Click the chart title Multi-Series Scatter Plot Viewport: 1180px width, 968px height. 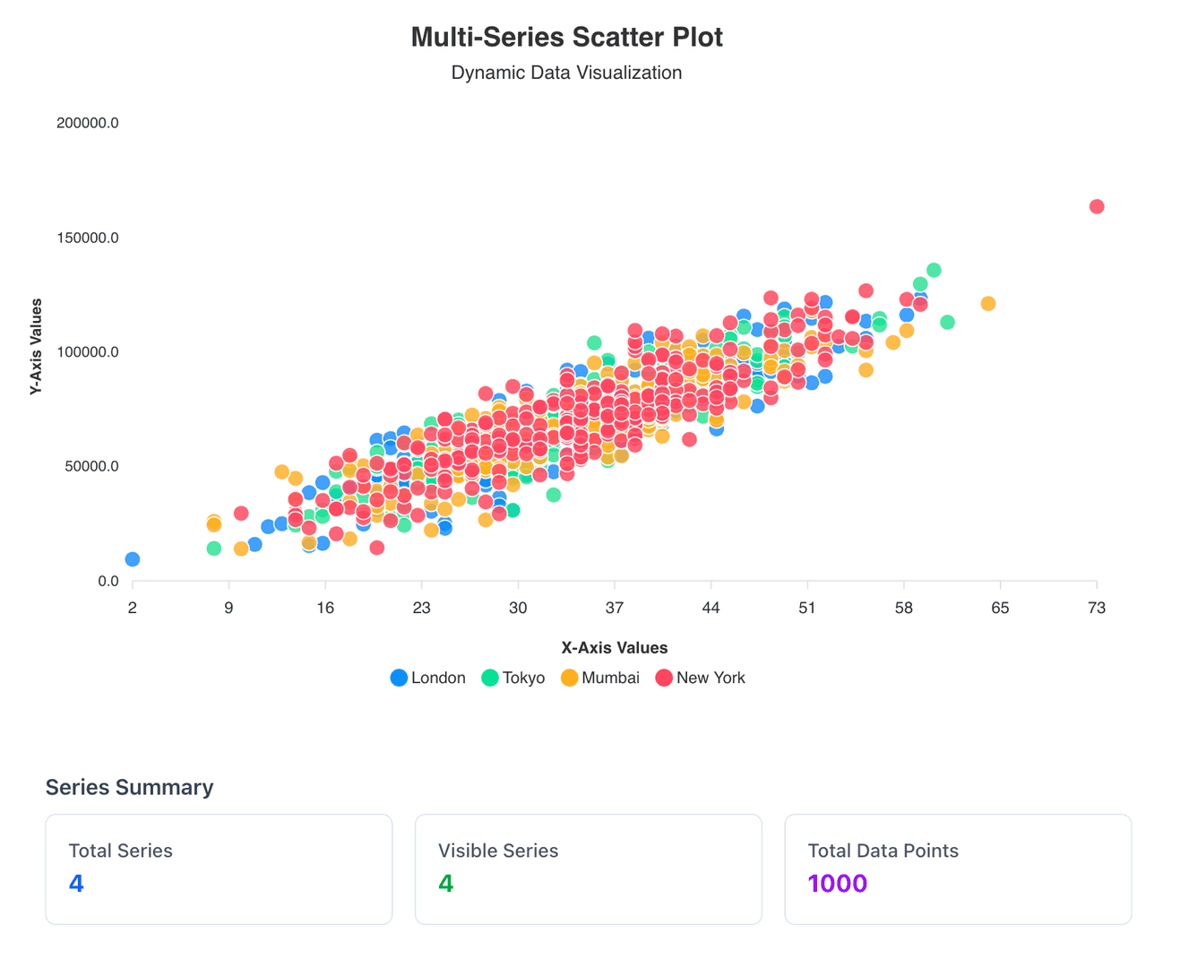(566, 38)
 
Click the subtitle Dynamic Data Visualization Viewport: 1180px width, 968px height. (566, 73)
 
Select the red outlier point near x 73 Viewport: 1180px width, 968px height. (1096, 207)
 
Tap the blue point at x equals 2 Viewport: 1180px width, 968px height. (133, 559)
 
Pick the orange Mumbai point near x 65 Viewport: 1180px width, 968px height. (987, 304)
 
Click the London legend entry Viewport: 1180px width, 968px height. (428, 678)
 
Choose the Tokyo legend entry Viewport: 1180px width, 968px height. (513, 678)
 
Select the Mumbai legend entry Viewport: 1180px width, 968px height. (600, 678)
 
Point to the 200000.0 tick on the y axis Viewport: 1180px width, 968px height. (87, 123)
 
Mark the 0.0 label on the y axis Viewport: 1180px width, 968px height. (108, 582)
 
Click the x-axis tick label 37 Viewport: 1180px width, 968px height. (615, 609)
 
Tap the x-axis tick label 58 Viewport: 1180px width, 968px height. (903, 609)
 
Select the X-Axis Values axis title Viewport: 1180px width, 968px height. (614, 648)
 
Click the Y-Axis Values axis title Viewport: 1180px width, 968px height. (36, 347)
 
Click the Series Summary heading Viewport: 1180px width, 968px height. (129, 787)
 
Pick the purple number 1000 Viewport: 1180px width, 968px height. (837, 884)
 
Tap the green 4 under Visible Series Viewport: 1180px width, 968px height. (445, 884)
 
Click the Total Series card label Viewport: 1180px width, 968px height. (120, 851)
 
